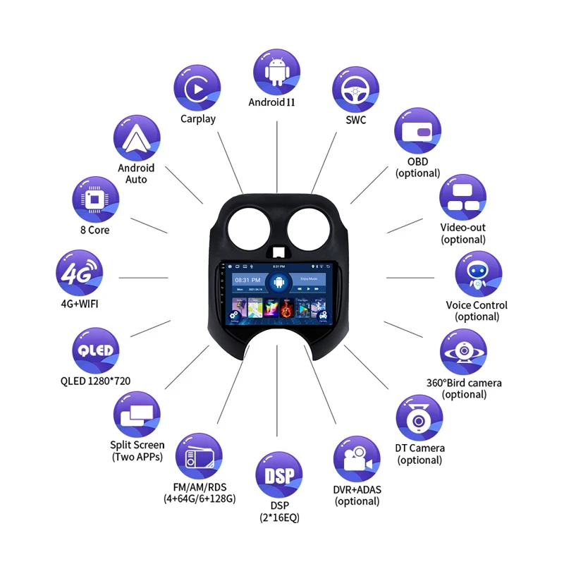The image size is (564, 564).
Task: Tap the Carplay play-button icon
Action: [197, 88]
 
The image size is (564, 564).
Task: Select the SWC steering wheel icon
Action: [356, 90]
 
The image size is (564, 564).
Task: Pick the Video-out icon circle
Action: [463, 198]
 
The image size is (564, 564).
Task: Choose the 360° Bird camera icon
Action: [463, 351]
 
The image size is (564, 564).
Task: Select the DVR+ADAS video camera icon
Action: [356, 459]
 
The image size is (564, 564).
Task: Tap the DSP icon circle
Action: [278, 476]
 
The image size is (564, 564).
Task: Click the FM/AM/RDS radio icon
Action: [198, 458]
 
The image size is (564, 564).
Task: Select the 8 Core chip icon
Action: [95, 198]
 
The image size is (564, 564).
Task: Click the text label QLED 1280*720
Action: [95, 381]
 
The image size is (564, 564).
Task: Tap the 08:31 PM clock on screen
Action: [243, 280]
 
